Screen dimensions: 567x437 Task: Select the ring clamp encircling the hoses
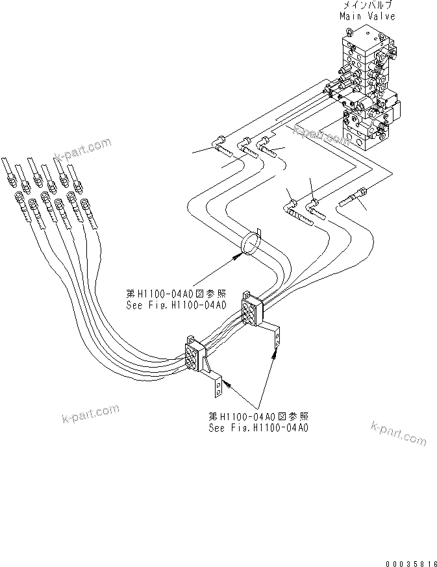coord(251,242)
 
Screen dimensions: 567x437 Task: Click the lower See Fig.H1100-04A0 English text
coord(258,428)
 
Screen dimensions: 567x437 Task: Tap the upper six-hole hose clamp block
coord(249,307)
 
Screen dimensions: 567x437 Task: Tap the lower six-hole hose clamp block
coord(194,356)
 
